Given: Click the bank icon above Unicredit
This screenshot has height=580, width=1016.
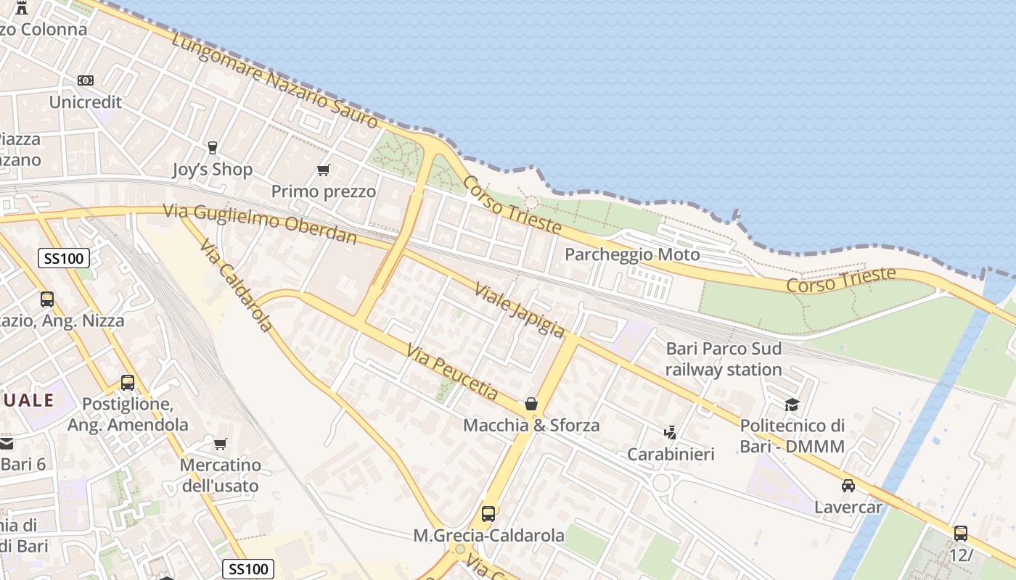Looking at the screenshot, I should [x=86, y=80].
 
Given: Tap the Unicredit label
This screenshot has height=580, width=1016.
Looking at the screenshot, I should [x=86, y=102].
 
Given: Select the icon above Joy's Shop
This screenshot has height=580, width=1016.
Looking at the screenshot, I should [x=212, y=148].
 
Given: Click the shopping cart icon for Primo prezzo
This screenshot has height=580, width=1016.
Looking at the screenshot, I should [x=324, y=170].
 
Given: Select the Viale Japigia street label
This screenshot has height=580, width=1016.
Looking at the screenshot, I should [x=519, y=310].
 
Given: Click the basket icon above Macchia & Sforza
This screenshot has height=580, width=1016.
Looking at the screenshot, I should [x=531, y=404].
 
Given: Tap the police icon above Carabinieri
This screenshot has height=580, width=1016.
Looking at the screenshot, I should [x=671, y=433].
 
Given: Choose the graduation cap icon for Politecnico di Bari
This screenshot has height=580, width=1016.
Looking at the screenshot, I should [x=792, y=405].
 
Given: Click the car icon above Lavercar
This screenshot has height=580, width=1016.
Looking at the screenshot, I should [x=848, y=486].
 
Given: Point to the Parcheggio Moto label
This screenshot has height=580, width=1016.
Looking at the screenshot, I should [x=632, y=254].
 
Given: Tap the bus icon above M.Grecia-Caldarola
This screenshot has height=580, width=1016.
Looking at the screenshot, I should [x=488, y=514].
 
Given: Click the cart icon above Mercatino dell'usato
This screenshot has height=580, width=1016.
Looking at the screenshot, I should [x=220, y=443].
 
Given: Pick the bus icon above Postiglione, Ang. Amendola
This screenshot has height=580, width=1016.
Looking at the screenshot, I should [x=128, y=382].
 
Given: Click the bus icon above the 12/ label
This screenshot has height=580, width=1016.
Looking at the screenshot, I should [x=961, y=534].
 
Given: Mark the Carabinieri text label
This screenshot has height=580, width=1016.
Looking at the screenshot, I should [x=671, y=455].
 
